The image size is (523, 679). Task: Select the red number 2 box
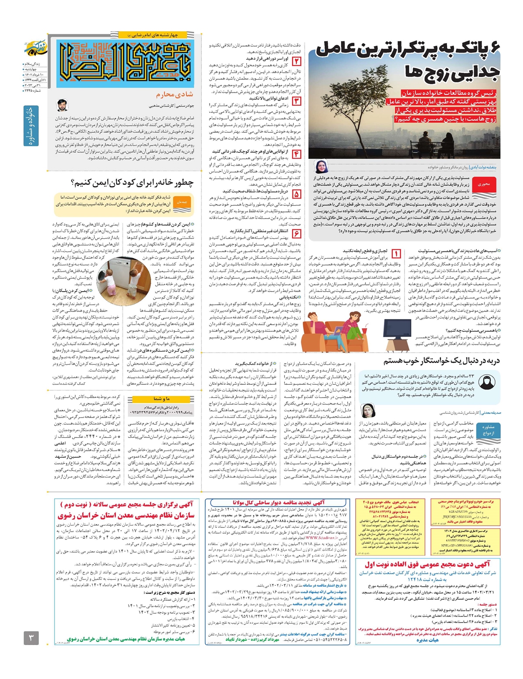(296, 62)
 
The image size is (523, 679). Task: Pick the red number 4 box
(296, 154)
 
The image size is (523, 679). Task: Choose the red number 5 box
(296, 194)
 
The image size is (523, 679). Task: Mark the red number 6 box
(296, 234)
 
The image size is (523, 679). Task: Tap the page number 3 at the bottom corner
(31, 639)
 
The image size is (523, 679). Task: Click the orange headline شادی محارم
(174, 94)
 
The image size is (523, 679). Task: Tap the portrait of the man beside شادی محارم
(63, 106)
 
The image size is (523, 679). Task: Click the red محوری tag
(484, 184)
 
